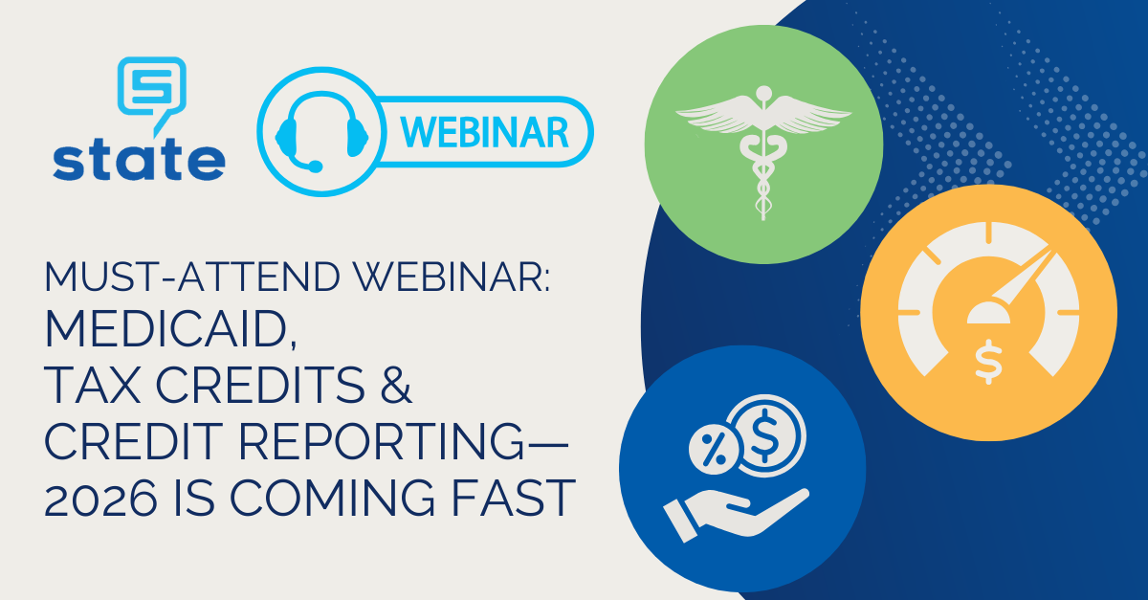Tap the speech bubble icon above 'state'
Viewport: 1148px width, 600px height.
(x=150, y=87)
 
